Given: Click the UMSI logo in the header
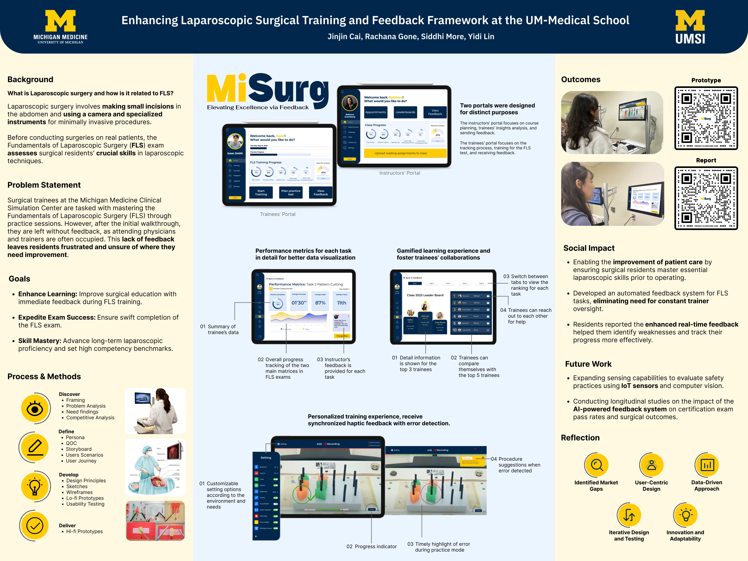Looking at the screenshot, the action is point(690,27).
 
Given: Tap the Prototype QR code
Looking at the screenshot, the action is point(706,118).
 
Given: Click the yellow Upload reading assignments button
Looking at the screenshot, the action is point(405,153).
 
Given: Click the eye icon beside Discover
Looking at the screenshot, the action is point(35,408).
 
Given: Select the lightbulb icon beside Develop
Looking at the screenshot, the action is point(35,486).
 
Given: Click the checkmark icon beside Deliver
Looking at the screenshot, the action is point(35,526).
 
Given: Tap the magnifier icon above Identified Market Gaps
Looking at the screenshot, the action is point(597,465).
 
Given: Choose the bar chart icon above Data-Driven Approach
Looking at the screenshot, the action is point(707,465).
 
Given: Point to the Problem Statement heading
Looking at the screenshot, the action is point(44,185).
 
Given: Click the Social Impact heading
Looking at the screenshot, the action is point(589,248).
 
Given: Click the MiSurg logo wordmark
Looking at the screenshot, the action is point(267,89).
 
